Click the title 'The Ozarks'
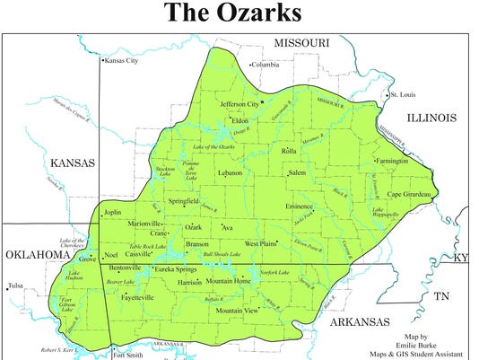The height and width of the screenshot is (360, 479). click(239, 15)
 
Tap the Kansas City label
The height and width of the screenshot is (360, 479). click(123, 61)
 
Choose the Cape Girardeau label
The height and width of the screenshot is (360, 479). click(412, 194)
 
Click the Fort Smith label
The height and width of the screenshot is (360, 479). click(129, 354)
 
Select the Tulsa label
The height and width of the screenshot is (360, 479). click(13, 286)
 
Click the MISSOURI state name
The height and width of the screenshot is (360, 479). click(302, 43)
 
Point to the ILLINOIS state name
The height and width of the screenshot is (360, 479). click(431, 118)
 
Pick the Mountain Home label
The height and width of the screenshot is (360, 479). click(228, 281)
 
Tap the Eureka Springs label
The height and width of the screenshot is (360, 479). click(175, 269)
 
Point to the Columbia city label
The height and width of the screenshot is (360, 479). click(266, 65)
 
